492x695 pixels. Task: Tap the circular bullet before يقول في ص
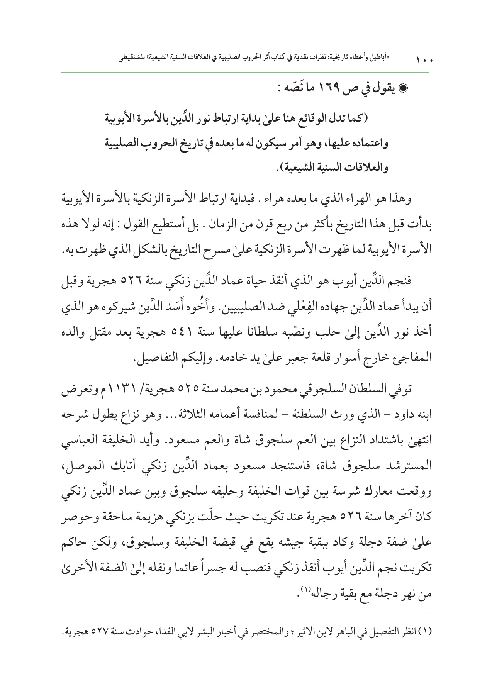click(424, 88)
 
